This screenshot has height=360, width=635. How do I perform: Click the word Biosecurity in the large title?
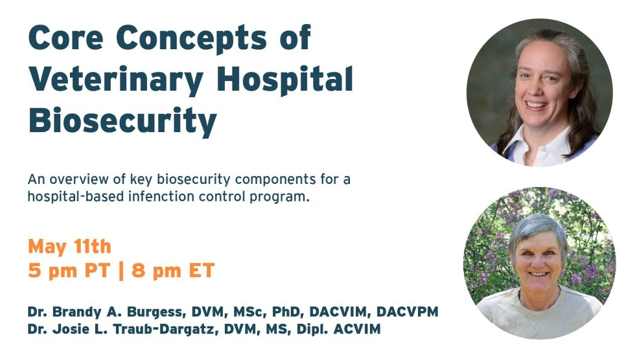(x=122, y=120)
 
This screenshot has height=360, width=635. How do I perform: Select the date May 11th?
(x=69, y=247)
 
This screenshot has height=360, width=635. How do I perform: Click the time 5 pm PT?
(x=69, y=270)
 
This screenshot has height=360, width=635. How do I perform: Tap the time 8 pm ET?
(x=172, y=270)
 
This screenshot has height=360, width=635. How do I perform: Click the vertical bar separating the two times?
(x=121, y=270)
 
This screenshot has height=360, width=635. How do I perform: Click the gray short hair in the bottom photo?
(x=538, y=227)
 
